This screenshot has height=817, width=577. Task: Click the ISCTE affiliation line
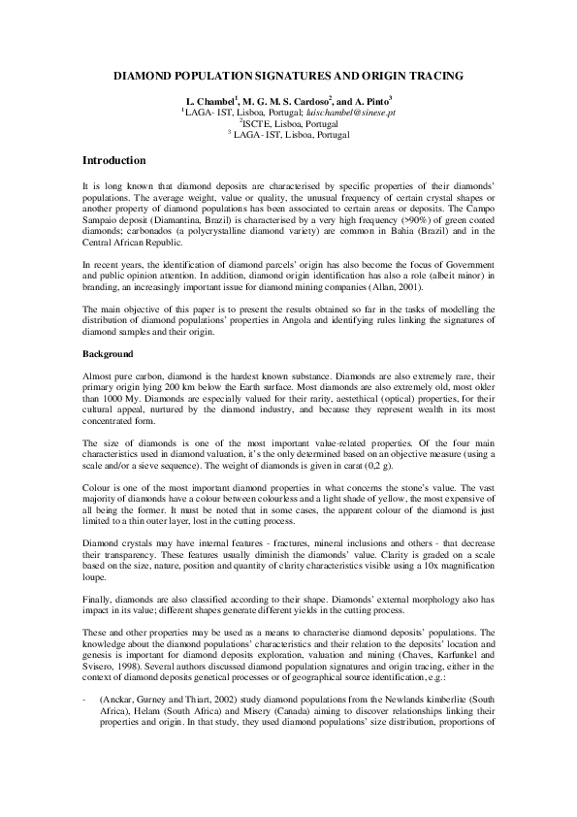click(x=287, y=124)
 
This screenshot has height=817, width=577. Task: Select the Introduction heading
click(x=113, y=160)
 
